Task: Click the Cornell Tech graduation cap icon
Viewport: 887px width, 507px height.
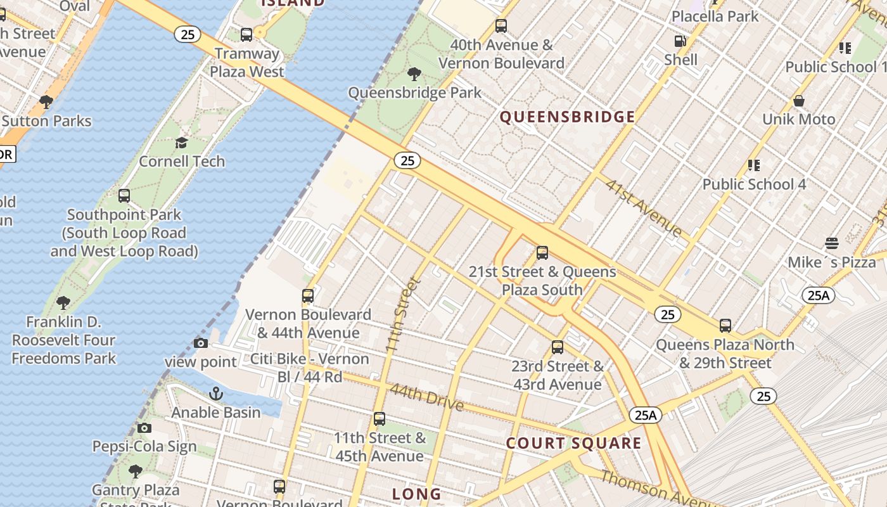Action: pyautogui.click(x=182, y=143)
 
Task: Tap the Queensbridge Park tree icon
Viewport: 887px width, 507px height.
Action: pyautogui.click(x=415, y=74)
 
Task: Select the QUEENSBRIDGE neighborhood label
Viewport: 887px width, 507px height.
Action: pyautogui.click(x=567, y=117)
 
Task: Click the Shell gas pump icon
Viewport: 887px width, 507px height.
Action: pyautogui.click(x=680, y=42)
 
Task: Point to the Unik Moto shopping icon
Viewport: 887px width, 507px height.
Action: pyautogui.click(x=799, y=101)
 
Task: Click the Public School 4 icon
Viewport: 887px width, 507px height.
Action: pyautogui.click(x=753, y=165)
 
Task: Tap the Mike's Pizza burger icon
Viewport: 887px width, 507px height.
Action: pyautogui.click(x=832, y=243)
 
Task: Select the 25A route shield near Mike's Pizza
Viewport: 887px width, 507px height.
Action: pyautogui.click(x=818, y=295)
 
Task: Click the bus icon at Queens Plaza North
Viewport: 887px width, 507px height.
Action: pyautogui.click(x=725, y=326)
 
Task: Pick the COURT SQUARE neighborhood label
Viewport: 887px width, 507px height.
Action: pyautogui.click(x=573, y=443)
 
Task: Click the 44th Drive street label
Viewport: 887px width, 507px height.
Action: pyautogui.click(x=426, y=397)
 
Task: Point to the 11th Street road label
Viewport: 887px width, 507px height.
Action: pyautogui.click(x=402, y=316)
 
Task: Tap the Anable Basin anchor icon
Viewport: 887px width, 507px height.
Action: pyautogui.click(x=216, y=394)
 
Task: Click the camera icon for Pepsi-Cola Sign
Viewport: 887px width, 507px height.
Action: pyautogui.click(x=144, y=428)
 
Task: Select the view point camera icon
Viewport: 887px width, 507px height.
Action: pyautogui.click(x=201, y=343)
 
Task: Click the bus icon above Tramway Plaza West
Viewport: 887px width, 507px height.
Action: pyautogui.click(x=246, y=35)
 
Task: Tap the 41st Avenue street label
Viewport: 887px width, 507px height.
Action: pyautogui.click(x=642, y=208)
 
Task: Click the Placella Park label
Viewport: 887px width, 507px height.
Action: pyautogui.click(x=715, y=16)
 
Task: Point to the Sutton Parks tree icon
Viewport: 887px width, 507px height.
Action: pyautogui.click(x=46, y=101)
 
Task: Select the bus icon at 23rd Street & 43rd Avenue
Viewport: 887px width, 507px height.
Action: pyautogui.click(x=558, y=347)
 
